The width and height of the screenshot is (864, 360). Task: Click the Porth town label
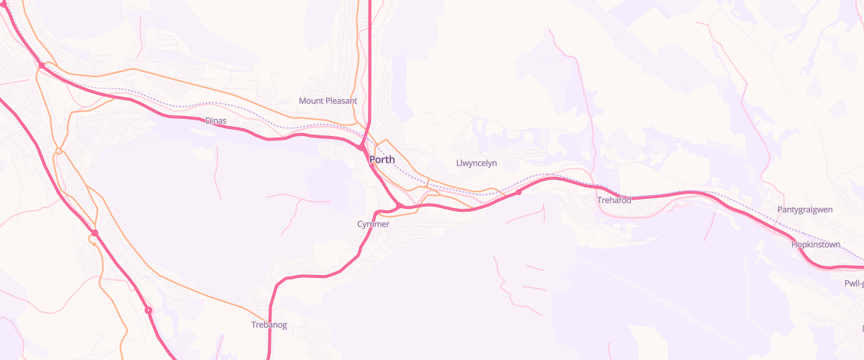[x=382, y=159]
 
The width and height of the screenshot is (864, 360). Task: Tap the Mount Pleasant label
[x=328, y=101]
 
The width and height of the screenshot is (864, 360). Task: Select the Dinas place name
[x=216, y=121]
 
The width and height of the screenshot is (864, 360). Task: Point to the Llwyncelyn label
[x=477, y=163]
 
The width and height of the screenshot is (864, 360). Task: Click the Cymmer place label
[x=373, y=225]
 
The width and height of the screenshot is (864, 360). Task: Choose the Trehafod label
[x=614, y=200]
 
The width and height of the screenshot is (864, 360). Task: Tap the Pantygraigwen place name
[x=805, y=210]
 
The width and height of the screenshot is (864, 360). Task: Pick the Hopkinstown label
[x=816, y=245]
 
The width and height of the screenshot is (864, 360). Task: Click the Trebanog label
[x=269, y=325]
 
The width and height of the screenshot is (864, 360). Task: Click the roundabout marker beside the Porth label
[x=360, y=148]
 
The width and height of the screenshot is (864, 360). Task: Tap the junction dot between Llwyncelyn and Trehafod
[x=518, y=193]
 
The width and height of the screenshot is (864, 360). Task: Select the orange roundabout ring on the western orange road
[x=59, y=151]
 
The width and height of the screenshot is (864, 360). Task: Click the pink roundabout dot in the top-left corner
[x=42, y=66]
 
